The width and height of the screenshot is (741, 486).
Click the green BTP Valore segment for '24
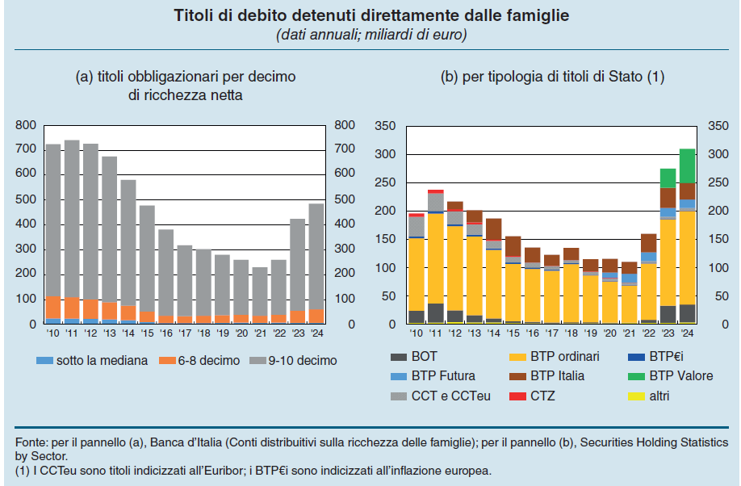[687, 165]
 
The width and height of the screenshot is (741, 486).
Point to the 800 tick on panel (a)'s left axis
[25, 125]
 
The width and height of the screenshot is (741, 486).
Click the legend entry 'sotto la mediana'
[102, 360]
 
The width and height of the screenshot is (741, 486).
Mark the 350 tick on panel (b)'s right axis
[717, 126]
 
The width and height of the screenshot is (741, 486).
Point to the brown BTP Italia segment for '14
[493, 229]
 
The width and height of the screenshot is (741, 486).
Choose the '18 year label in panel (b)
[571, 333]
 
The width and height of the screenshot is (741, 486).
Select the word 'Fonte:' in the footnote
[31, 443]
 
